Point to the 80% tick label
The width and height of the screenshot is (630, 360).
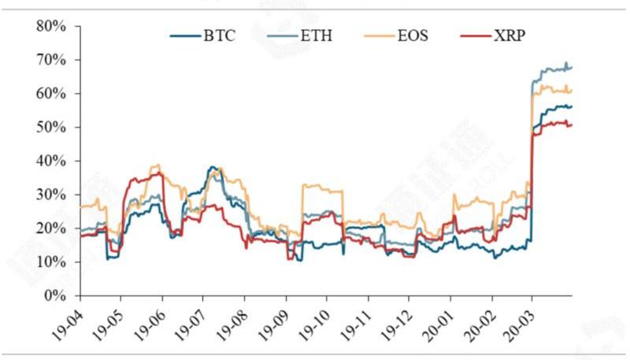coord(51,26)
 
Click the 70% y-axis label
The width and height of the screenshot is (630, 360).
coord(51,60)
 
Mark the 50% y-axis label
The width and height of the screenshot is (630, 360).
coord(51,127)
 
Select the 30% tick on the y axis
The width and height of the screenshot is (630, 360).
coord(51,195)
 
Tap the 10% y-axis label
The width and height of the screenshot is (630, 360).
coord(51,262)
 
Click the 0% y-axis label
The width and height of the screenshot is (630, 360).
coord(54,296)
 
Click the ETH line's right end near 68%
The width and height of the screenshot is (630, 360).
coord(571,68)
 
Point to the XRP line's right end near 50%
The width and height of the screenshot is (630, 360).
coord(571,124)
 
